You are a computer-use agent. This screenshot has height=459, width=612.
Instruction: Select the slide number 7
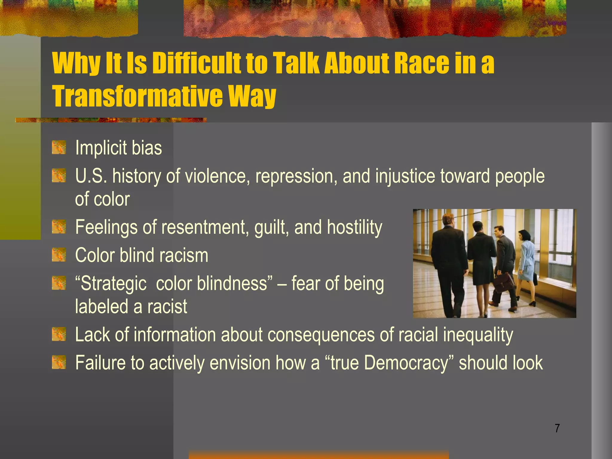557,428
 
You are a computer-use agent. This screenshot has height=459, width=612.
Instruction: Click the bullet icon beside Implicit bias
59,148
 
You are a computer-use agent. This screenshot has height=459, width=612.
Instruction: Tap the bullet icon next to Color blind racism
59,255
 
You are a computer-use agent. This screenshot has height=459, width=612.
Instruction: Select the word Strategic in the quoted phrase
114,283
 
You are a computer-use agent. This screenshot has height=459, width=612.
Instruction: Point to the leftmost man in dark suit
448,263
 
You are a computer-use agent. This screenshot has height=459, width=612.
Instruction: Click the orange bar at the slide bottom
319,455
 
